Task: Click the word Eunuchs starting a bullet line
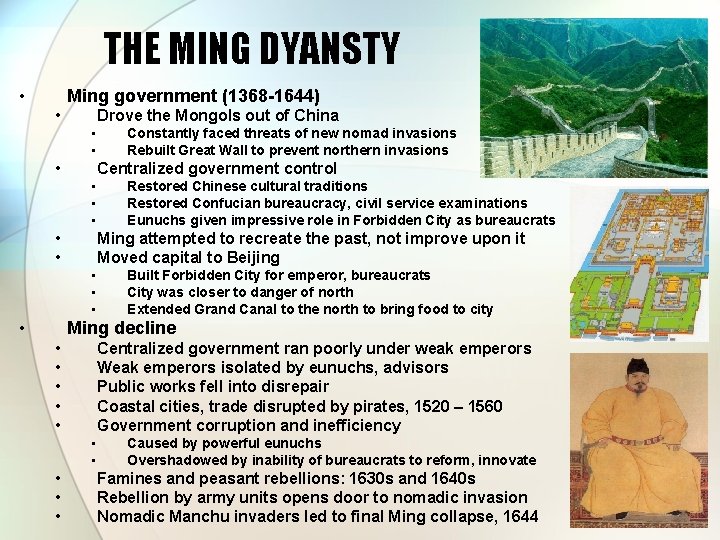(x=157, y=220)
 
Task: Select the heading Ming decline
(x=121, y=328)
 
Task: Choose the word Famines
(x=131, y=478)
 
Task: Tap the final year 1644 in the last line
(x=519, y=516)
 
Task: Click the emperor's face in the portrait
(x=639, y=385)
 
